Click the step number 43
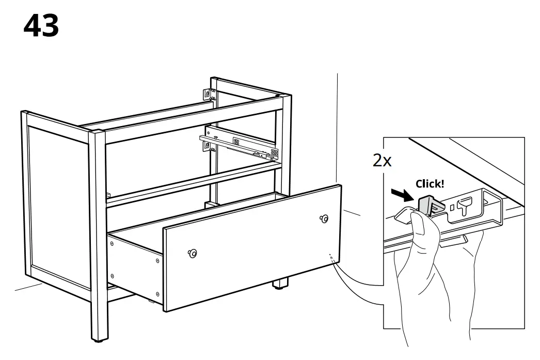pos(41,25)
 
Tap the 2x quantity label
pos(382,161)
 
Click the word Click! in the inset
pos(430,183)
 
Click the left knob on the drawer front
pos(193,253)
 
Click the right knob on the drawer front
pos(324,218)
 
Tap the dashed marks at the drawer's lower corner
pos(331,258)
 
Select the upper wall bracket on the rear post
pos(208,95)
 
